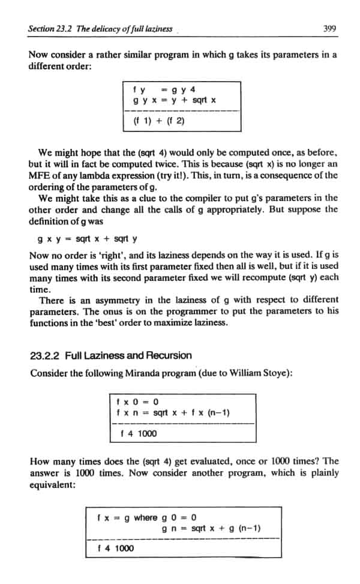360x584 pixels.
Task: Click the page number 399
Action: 328,28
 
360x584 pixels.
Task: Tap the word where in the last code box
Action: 146,517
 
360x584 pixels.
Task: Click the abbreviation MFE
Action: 39,175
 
